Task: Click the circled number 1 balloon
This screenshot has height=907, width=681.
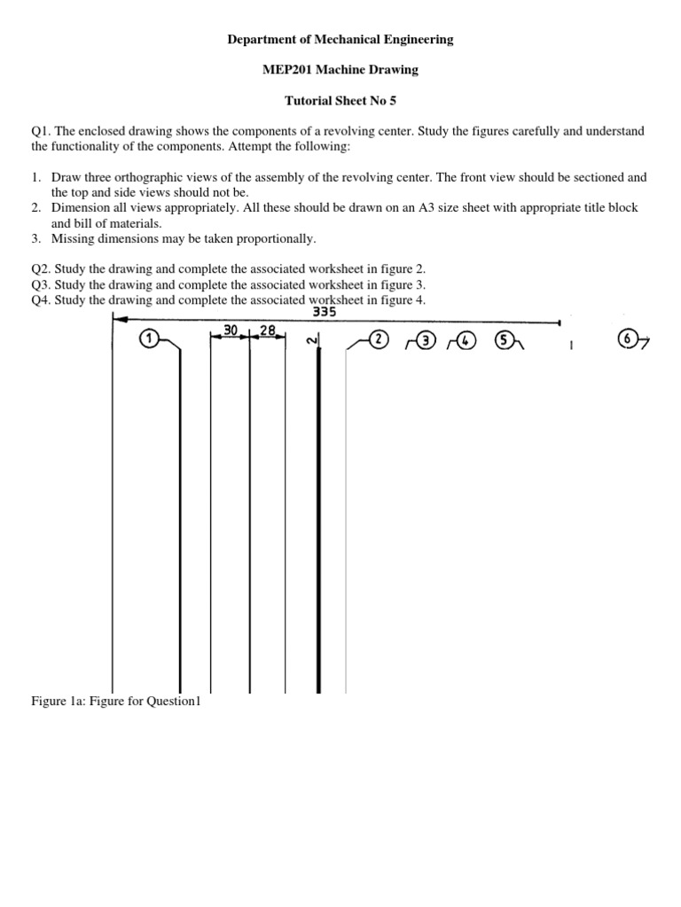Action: (x=148, y=338)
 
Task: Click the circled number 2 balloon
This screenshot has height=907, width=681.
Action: (x=378, y=339)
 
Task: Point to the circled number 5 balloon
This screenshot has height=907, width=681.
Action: (x=505, y=339)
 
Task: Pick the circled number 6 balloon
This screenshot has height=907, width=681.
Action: (x=628, y=339)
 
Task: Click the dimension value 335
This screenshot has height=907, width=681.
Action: (x=325, y=312)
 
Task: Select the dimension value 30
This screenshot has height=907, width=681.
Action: (x=231, y=329)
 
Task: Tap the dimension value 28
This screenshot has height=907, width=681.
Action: (x=269, y=329)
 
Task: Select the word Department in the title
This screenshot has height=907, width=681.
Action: (x=261, y=39)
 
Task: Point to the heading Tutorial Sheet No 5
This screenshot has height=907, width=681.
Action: (x=340, y=101)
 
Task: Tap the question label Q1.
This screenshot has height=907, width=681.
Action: (x=41, y=131)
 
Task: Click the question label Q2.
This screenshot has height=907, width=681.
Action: (x=41, y=269)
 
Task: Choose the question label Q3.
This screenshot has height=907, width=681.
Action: (x=41, y=284)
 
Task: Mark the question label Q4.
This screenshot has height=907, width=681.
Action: (x=41, y=300)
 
